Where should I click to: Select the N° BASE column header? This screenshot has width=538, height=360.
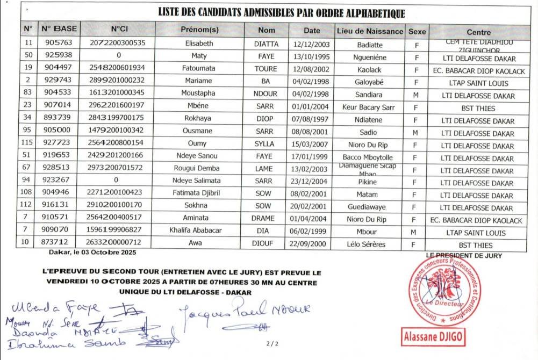[x=59, y=28]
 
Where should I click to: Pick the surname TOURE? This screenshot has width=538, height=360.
[x=266, y=69]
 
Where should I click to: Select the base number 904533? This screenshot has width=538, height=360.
[x=58, y=95]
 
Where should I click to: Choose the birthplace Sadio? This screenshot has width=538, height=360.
[x=370, y=132]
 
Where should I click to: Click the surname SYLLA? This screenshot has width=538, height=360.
[x=266, y=145]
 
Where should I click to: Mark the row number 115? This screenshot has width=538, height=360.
[x=28, y=145]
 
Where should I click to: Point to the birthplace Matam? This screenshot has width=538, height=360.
[x=370, y=195]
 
